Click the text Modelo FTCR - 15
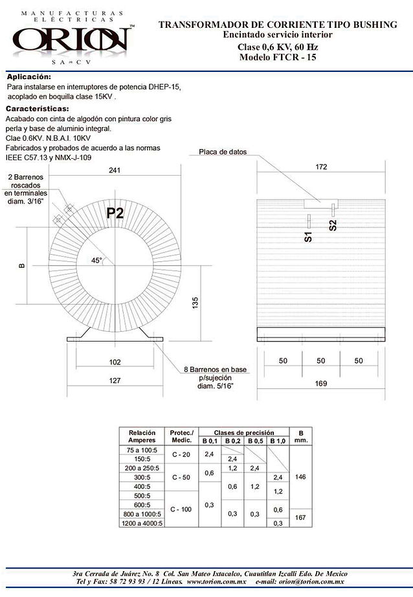pyautogui.click(x=277, y=57)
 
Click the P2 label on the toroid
pyautogui.click(x=115, y=214)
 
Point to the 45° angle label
pyautogui.click(x=96, y=260)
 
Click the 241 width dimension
pyautogui.click(x=115, y=170)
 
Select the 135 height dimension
pyautogui.click(x=195, y=302)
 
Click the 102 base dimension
pyautogui.click(x=114, y=362)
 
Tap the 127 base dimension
pyautogui.click(x=114, y=380)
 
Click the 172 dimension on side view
pyautogui.click(x=321, y=168)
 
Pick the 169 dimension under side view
pyautogui.click(x=321, y=382)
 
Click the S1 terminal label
pyautogui.click(x=308, y=237)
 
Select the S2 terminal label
pyautogui.click(x=333, y=226)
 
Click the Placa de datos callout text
pyautogui.click(x=223, y=152)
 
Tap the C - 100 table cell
pyautogui.click(x=181, y=509)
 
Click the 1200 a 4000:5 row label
pyautogui.click(x=142, y=523)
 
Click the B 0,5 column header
pyautogui.click(x=254, y=441)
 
